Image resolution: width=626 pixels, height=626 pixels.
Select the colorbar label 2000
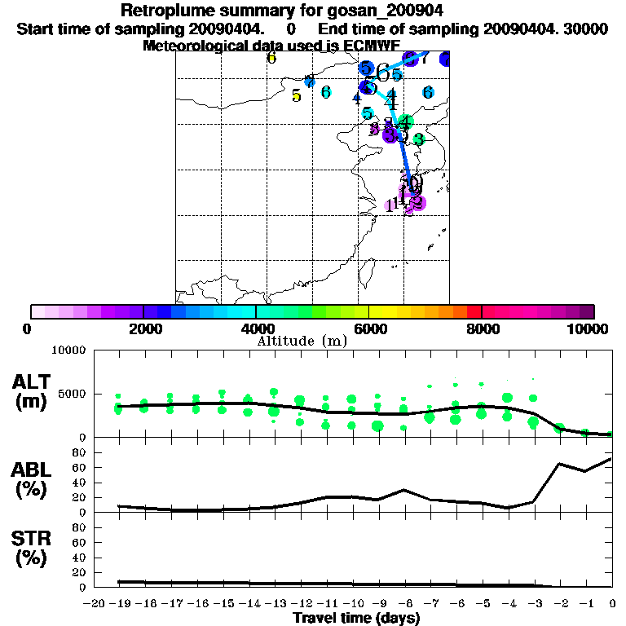click(143, 329)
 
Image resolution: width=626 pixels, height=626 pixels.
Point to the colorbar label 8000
click(482, 329)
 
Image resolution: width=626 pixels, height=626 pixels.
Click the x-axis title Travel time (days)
click(355, 618)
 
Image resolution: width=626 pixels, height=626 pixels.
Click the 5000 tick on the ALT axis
click(72, 393)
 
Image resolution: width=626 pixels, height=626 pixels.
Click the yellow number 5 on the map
click(296, 96)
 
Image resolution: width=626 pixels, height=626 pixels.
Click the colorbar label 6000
click(368, 329)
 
